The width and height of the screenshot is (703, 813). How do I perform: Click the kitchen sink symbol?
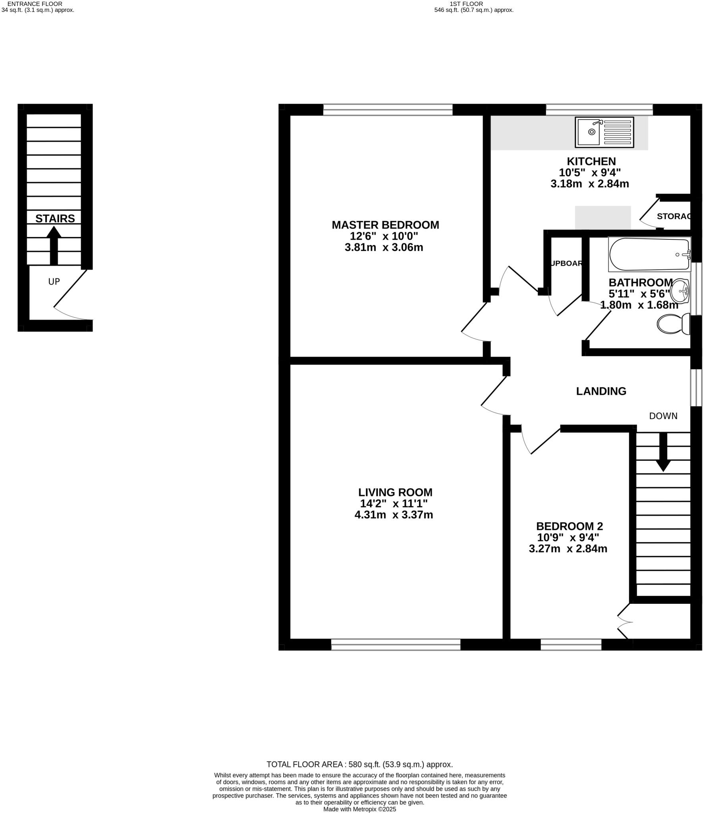coord(604,132)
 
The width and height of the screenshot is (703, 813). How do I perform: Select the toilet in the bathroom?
coord(674,324)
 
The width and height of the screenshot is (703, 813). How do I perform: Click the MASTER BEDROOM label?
coord(385,225)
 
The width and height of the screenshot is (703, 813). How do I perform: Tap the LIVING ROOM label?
coord(395,492)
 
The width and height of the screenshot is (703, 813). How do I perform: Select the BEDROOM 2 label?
coord(569,526)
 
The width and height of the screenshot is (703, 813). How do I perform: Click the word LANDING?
coord(601,391)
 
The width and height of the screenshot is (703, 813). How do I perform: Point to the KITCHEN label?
coord(591,161)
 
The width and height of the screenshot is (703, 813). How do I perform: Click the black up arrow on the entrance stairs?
coord(54,245)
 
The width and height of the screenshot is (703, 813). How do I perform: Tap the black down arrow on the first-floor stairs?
coord(663,452)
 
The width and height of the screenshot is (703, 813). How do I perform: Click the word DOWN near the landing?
coord(663,416)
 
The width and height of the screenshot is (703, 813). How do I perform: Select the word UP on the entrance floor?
coord(54,281)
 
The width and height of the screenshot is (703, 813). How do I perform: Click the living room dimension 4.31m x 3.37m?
coord(393,515)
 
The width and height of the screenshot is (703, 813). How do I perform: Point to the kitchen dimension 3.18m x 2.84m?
coord(589,184)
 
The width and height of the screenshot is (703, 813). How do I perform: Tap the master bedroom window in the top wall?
coord(388,110)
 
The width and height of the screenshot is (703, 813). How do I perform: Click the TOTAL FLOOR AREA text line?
coord(359,764)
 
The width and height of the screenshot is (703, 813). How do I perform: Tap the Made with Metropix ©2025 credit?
coord(359,809)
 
